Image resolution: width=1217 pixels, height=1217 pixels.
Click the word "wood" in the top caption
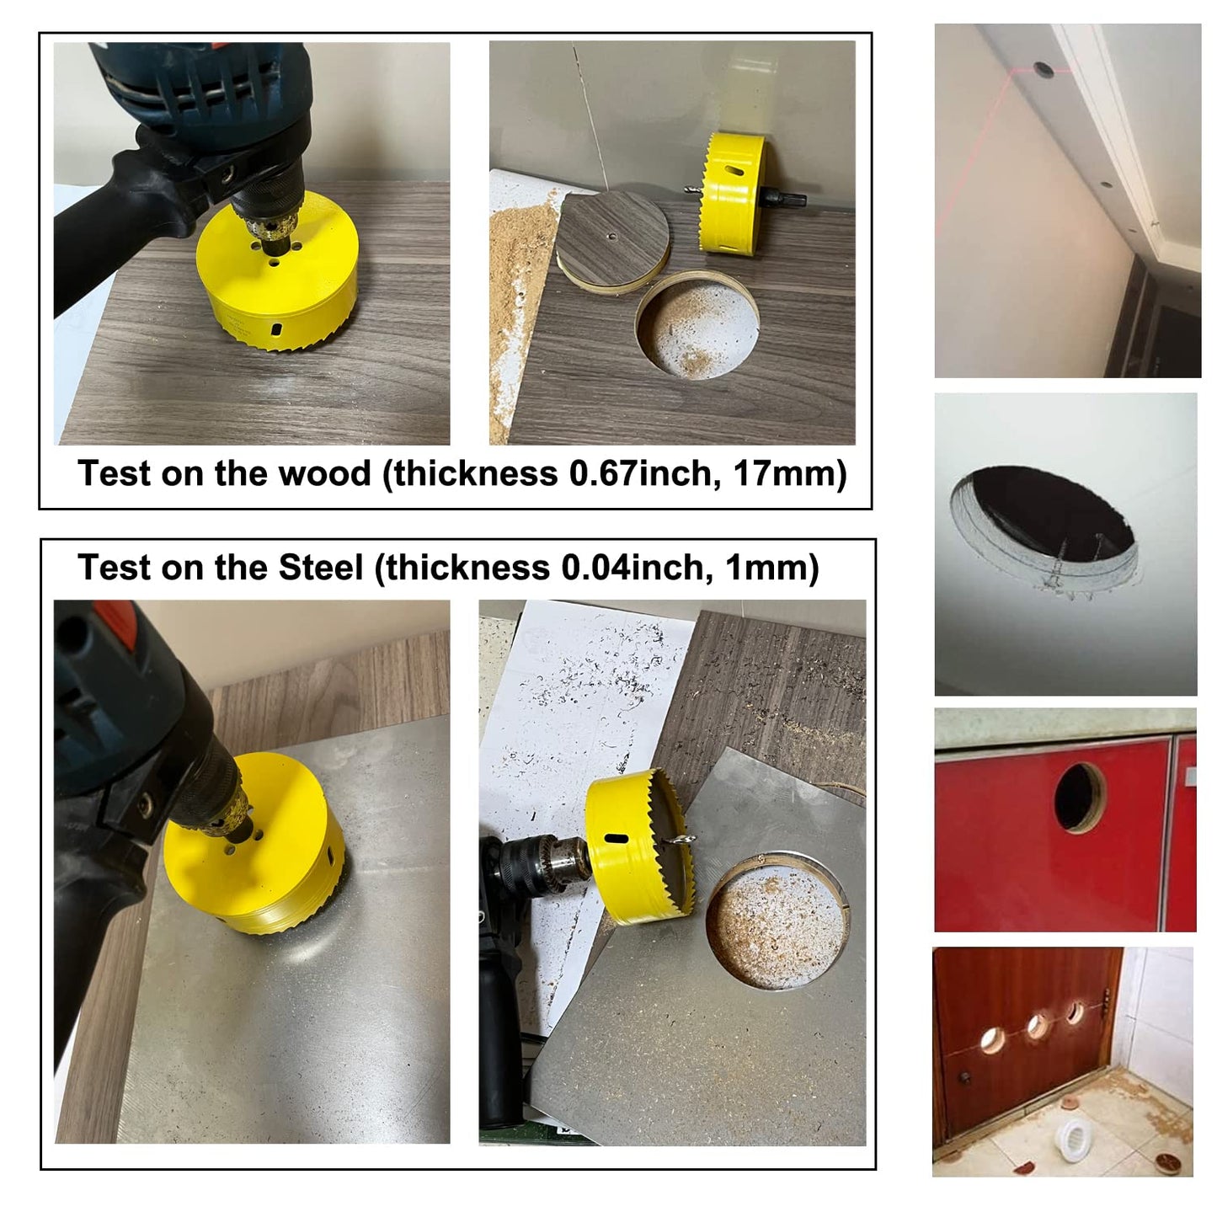click(x=323, y=474)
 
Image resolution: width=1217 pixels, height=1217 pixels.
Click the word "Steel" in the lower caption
click(x=320, y=568)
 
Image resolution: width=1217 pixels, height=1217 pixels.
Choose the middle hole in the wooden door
click(x=1037, y=1024)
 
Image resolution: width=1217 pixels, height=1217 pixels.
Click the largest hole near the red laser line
click(x=1045, y=72)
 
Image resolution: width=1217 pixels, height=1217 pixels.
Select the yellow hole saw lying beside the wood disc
click(x=731, y=193)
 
